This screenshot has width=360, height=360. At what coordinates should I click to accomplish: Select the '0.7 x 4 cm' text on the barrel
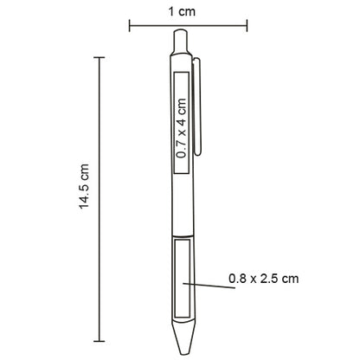[x=182, y=126]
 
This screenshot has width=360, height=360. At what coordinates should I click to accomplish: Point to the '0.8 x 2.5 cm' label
[x=264, y=279]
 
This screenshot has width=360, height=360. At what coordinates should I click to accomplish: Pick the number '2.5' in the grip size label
[x=270, y=279]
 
